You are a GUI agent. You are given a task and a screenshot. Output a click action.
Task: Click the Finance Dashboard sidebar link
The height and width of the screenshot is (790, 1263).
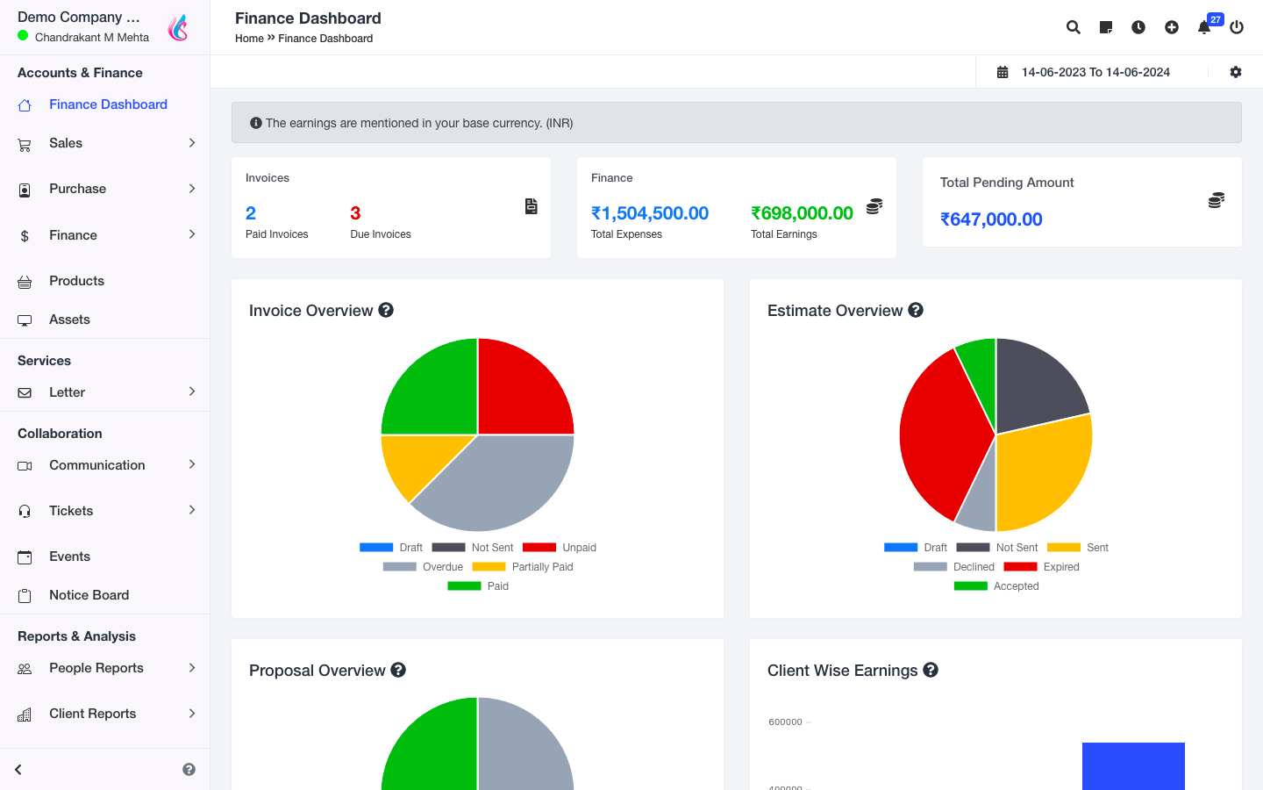click(x=107, y=104)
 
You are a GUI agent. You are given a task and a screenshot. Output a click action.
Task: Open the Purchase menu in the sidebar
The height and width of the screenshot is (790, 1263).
click(x=77, y=189)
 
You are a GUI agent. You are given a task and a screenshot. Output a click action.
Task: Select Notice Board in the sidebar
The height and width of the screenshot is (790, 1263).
click(x=89, y=595)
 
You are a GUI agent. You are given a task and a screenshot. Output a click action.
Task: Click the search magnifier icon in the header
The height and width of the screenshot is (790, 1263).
click(x=1073, y=27)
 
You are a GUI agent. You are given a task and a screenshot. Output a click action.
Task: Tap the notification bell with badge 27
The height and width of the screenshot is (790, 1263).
click(x=1204, y=27)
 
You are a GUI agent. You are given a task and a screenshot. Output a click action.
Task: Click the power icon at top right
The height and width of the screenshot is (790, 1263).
click(x=1237, y=27)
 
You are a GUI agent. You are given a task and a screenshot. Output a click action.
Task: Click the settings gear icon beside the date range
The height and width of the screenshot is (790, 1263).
click(x=1236, y=72)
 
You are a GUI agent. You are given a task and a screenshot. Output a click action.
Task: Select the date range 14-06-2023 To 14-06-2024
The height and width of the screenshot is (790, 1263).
click(x=1095, y=72)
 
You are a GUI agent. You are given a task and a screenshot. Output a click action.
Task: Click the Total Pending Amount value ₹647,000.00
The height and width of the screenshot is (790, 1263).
click(x=991, y=219)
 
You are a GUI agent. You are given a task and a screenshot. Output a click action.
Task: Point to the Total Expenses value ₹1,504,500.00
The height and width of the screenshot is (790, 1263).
click(x=650, y=213)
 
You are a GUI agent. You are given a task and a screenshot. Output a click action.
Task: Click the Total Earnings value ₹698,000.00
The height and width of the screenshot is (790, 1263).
click(x=802, y=213)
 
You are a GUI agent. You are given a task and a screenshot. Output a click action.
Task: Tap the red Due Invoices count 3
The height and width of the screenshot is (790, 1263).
click(x=355, y=213)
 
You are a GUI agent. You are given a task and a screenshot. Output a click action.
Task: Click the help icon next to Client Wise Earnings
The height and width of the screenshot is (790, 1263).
click(x=931, y=670)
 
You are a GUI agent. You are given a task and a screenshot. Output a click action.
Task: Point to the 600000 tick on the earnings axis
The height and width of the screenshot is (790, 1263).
click(x=786, y=722)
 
